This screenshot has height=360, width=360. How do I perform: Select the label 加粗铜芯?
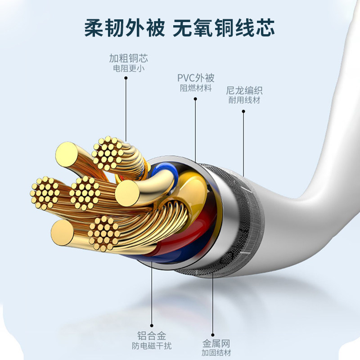click(x=128, y=59)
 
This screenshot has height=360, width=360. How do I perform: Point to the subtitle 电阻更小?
click(x=129, y=69)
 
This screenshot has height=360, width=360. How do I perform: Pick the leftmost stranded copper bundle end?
click(x=45, y=193)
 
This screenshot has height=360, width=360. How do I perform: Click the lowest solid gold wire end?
click(x=63, y=233)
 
